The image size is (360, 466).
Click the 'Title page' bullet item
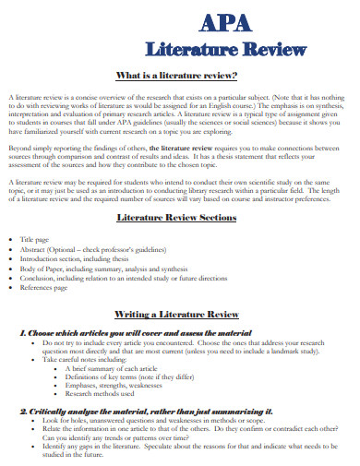click(x=44, y=264)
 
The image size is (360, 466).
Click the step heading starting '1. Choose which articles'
click(x=130, y=330)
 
